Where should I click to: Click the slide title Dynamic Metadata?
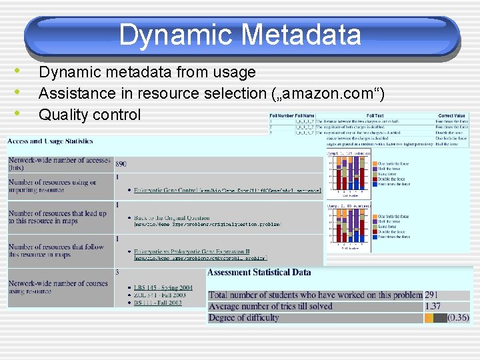pos(240,35)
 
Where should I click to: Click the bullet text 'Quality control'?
pos(89,115)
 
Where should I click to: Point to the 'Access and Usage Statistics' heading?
pos(51,141)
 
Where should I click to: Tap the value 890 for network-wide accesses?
pos(121,163)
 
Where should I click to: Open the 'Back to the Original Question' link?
pos(171,218)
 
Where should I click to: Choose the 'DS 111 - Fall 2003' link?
pos(157,303)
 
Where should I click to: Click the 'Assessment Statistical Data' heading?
pos(259,272)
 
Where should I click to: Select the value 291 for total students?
pos(431,295)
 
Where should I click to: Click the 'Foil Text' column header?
pos(375,116)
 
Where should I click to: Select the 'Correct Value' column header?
pos(452,116)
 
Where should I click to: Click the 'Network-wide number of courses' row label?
pos(59,287)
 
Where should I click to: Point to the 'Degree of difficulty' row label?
pos(244,318)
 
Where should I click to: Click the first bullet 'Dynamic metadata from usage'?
pos(147,72)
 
